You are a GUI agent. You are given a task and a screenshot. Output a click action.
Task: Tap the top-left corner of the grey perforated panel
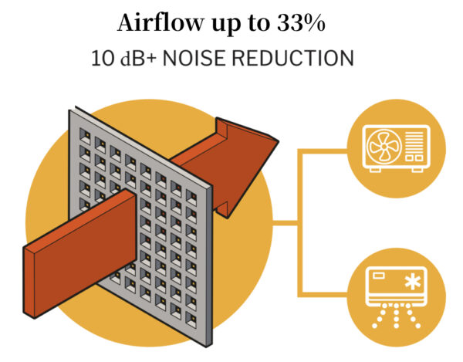pyautogui.click(x=72, y=111)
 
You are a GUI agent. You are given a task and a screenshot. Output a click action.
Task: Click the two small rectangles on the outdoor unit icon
pyautogui.click(x=414, y=158)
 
